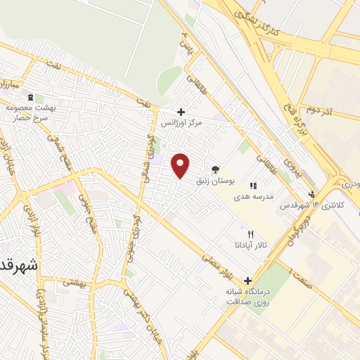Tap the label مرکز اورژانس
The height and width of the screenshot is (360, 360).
tap(181, 123)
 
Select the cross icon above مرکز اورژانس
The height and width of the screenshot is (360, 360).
tap(181, 111)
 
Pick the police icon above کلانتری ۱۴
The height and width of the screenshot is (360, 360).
tap(312, 195)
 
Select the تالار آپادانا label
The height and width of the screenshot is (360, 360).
tap(251, 245)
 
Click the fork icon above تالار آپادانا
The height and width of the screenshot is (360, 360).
tap(250, 233)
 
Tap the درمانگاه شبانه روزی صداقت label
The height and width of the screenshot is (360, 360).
tap(247, 296)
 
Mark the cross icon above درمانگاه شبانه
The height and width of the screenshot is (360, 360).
tap(247, 280)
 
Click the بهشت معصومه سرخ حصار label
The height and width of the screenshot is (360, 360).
tap(30, 112)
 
